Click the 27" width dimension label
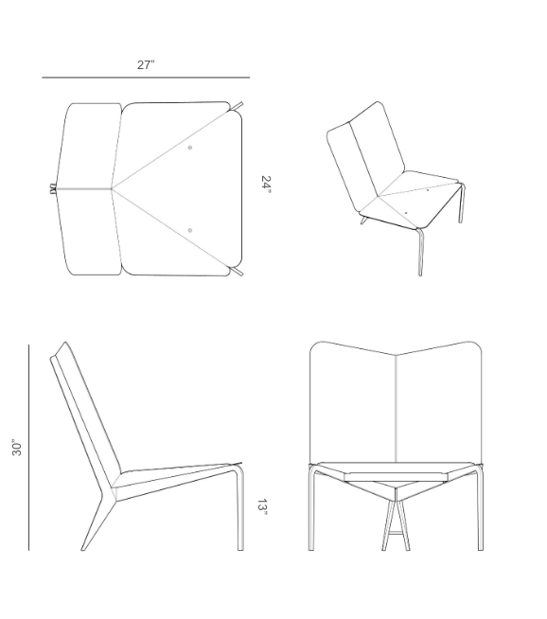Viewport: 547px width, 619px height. pyautogui.click(x=146, y=64)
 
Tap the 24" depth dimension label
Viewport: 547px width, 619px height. pyautogui.click(x=266, y=185)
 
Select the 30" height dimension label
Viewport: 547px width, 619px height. pyautogui.click(x=17, y=448)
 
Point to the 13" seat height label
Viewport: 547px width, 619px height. pyautogui.click(x=262, y=507)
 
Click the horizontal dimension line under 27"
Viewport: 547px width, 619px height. pyautogui.click(x=146, y=78)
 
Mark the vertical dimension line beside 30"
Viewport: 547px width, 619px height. pyautogui.click(x=28, y=448)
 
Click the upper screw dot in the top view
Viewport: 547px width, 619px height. pyautogui.click(x=190, y=148)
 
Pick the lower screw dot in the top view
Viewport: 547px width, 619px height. pyautogui.click(x=190, y=230)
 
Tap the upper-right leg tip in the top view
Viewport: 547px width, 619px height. pyautogui.click(x=241, y=104)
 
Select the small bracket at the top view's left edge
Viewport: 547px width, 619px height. pyautogui.click(x=52, y=189)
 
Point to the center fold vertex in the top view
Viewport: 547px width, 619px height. pyautogui.click(x=112, y=189)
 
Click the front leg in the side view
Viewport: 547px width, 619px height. pyautogui.click(x=240, y=509)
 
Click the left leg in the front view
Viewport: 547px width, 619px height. pyautogui.click(x=311, y=508)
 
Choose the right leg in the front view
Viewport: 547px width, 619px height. pyautogui.click(x=480, y=508)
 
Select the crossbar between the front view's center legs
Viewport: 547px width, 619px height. pyautogui.click(x=396, y=533)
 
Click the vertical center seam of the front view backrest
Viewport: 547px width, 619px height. pyautogui.click(x=396, y=409)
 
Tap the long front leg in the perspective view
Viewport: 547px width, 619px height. pyautogui.click(x=421, y=253)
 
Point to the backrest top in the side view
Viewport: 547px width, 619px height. pyautogui.click(x=65, y=343)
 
